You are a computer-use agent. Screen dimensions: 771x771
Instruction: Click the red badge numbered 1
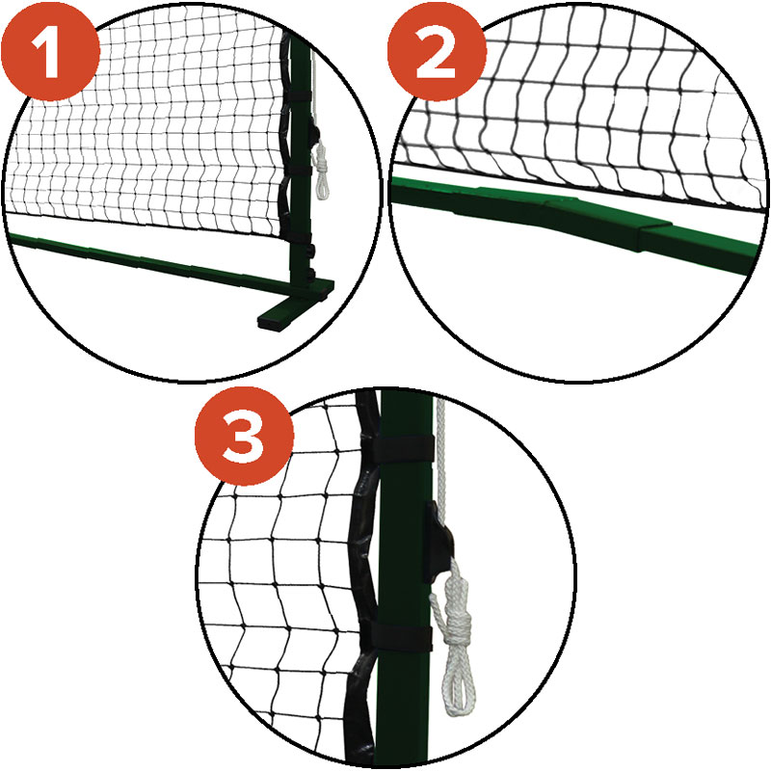click(x=50, y=51)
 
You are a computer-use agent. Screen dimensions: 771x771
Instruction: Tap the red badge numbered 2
click(x=437, y=51)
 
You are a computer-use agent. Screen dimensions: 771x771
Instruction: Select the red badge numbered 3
click(x=244, y=436)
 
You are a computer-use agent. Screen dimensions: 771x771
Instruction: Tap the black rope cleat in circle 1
click(x=312, y=134)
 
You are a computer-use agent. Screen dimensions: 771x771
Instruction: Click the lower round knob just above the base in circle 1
click(x=309, y=272)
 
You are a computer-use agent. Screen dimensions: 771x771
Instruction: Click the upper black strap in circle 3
click(x=402, y=447)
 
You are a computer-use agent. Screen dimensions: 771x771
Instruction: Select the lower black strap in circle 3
click(x=401, y=637)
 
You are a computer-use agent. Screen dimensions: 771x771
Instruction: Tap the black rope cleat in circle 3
click(x=439, y=542)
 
